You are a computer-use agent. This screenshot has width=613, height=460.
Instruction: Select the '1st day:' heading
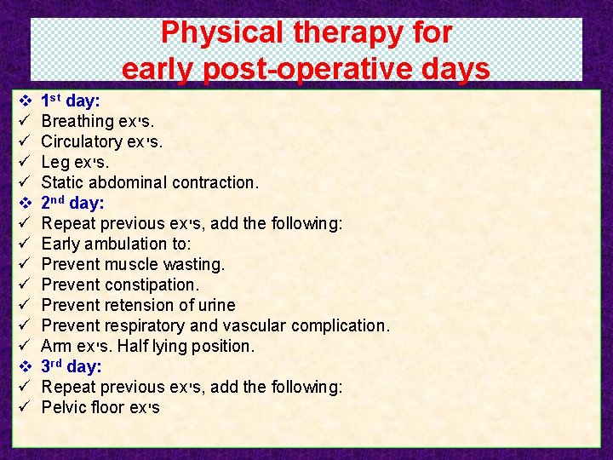71,101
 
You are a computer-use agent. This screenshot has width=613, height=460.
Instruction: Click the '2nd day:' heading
72,203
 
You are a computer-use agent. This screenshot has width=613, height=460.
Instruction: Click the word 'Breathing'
77,121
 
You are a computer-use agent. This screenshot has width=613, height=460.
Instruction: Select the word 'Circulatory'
82,141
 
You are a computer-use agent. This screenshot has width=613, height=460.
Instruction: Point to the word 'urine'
215,305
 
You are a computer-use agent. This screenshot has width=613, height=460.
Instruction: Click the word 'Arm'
56,346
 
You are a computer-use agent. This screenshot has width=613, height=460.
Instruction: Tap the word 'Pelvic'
63,407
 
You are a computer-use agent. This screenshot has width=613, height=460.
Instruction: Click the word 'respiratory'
146,325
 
